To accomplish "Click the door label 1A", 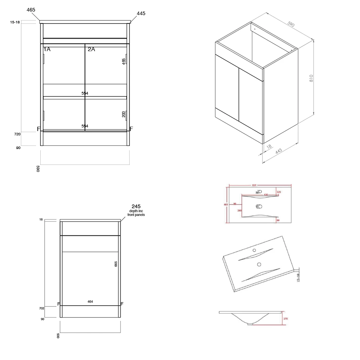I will pos(47,49).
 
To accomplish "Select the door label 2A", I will pos(91,49).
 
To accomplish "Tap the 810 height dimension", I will pos(311,78).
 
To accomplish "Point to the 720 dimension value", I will pos(18,134).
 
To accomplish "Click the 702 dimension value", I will pos(41,308).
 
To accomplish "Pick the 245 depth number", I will pos(136,206).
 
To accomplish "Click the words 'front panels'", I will pos(136,215).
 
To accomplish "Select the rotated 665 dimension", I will pos(116,264).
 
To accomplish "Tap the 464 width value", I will pos(90,302).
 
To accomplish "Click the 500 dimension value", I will pos(58,336).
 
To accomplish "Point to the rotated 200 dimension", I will pos(124,114).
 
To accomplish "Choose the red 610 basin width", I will pos(254,185).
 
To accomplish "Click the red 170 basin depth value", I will pos(285,318).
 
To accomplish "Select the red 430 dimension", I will pos(266,195).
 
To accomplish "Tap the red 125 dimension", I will pos(279,192).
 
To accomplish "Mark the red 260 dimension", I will pos(239,211).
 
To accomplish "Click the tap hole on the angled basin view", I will pos(254,250).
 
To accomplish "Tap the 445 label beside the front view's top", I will pos(141,14).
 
